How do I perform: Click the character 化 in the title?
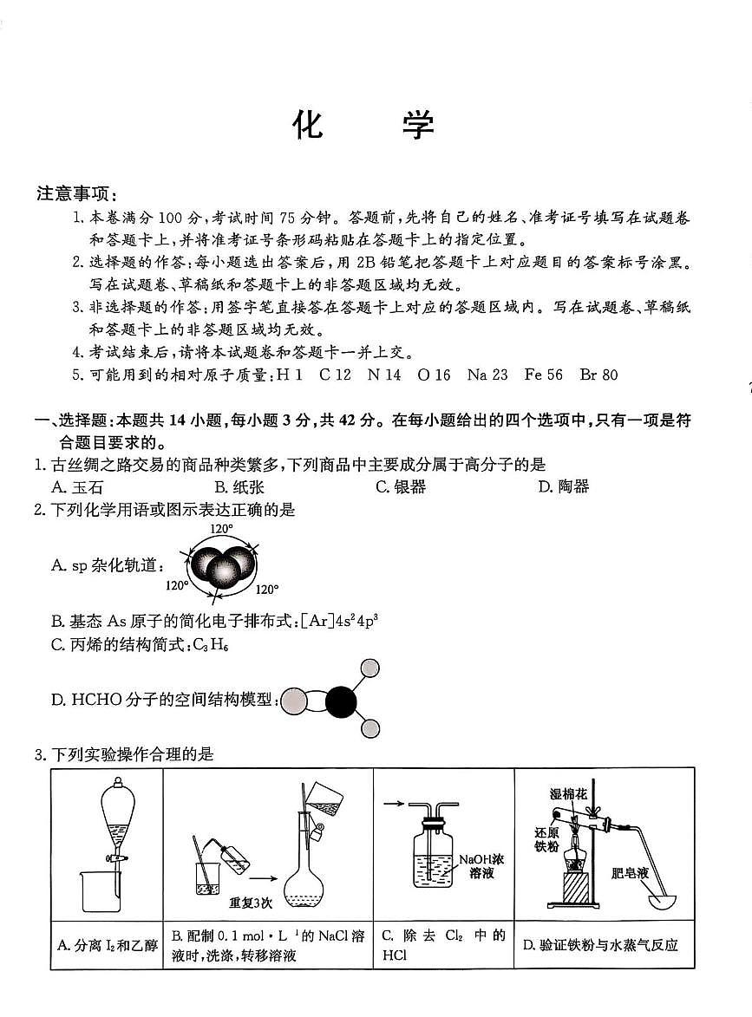pos(308,126)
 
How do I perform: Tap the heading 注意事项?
pos(76,192)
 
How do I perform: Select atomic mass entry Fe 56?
pos(543,375)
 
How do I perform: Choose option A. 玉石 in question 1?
pos(77,486)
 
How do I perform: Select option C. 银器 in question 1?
pos(401,486)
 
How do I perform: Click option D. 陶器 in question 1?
pos(563,486)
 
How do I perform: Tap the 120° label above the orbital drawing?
pos(221,528)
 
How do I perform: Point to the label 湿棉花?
pos(566,793)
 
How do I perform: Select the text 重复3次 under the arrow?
pos(251,903)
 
